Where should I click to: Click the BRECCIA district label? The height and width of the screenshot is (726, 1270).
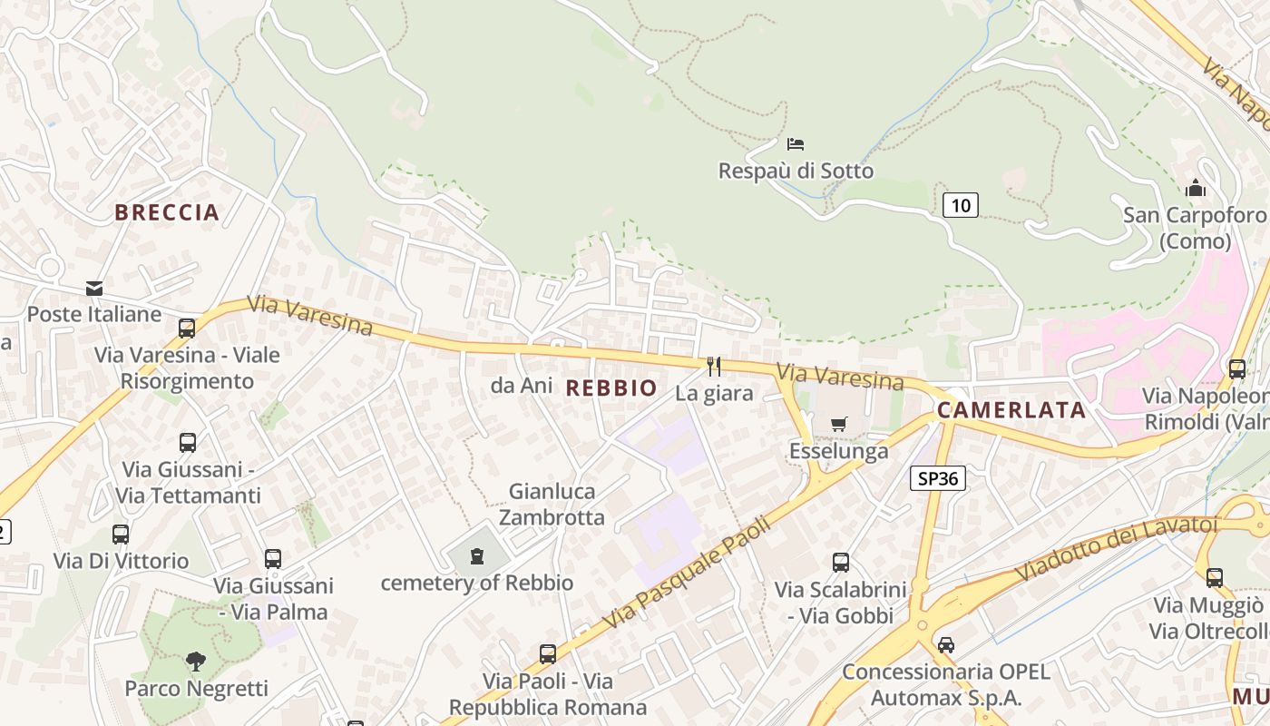167,212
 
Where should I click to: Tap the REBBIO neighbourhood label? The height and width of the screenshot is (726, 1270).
611,388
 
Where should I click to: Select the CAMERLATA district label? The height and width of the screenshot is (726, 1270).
1011,410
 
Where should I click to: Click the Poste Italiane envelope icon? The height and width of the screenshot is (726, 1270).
94,289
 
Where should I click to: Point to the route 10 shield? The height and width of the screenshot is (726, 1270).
960,205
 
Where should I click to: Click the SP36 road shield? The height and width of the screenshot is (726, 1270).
937,478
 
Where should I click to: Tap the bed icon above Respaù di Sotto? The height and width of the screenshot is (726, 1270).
796,143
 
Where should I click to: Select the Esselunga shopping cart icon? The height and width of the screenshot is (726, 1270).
839,424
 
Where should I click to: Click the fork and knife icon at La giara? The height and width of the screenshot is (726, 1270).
714,367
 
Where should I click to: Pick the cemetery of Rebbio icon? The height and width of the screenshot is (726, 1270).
477,556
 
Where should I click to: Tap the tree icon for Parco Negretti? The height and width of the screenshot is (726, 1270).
196,662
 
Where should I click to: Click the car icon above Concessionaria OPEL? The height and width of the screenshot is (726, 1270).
946,645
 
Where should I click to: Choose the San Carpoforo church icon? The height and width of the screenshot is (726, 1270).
1196,189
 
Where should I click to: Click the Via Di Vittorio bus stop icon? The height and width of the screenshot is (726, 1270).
121,535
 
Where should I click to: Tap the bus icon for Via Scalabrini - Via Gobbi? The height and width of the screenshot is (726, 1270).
841,563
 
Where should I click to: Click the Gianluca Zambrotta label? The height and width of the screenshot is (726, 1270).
552,505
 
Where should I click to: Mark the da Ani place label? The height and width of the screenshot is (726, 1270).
522,386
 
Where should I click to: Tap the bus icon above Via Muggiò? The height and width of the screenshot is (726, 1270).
1215,577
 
